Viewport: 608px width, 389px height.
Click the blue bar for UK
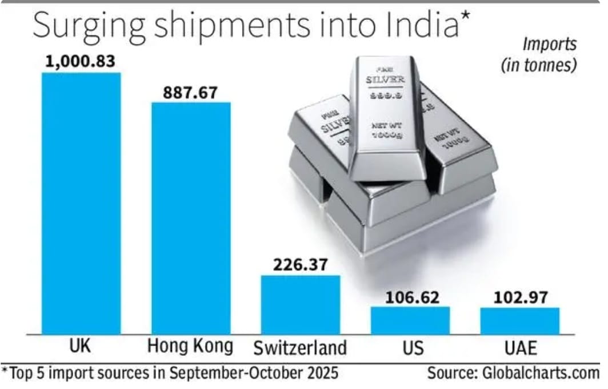81,203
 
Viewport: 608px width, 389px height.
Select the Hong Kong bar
190,218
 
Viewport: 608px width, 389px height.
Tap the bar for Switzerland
301,304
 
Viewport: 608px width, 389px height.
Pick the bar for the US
410,320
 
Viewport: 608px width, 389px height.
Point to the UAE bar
519,321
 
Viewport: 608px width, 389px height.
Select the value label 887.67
190,92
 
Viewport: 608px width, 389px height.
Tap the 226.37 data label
301,265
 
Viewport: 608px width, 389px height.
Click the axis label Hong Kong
190,347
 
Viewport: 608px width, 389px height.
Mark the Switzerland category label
300,347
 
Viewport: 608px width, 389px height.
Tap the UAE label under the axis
519,347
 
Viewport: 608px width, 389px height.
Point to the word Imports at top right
549,45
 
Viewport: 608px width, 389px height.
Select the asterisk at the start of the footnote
5,371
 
